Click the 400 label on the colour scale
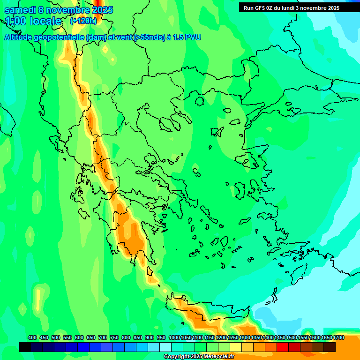(32, 337)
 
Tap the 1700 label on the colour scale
(339, 337)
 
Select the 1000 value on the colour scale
(174, 337)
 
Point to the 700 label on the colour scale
(103, 337)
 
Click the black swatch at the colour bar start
(25, 347)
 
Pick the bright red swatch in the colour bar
(283, 347)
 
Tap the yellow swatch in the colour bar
(236, 347)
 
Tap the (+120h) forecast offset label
(83, 21)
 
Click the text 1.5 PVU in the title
(187, 37)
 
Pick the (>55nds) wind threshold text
(149, 37)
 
